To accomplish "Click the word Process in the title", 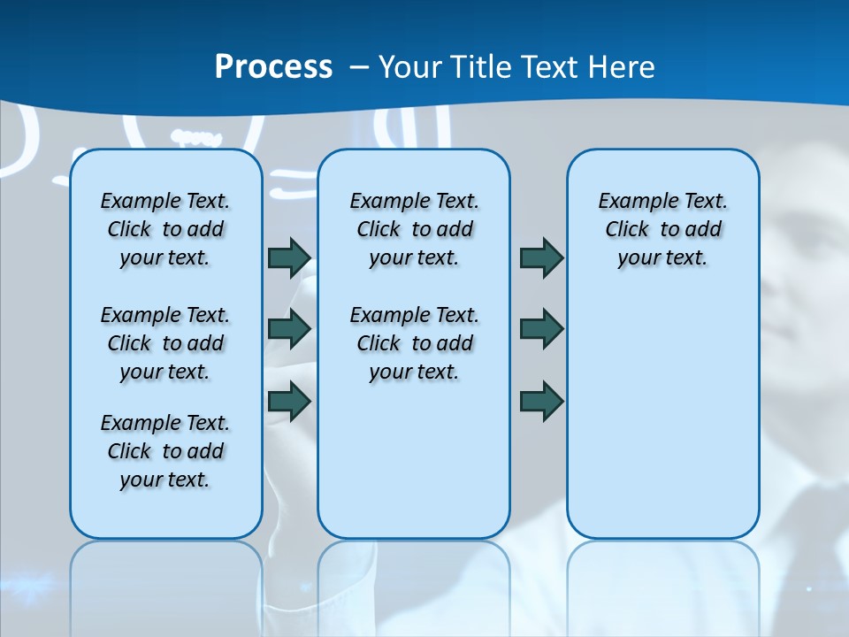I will pyautogui.click(x=273, y=67).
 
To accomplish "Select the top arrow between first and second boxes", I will pyautogui.click(x=289, y=258).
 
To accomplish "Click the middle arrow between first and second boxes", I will pyautogui.click(x=289, y=329).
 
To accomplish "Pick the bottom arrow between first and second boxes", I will pyautogui.click(x=289, y=401).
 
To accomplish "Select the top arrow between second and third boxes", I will pyautogui.click(x=541, y=258).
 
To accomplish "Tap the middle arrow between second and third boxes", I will pyautogui.click(x=541, y=329).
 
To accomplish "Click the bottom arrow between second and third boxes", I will pyautogui.click(x=541, y=401).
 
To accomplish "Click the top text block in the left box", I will pyautogui.click(x=165, y=229).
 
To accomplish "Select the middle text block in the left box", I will pyautogui.click(x=165, y=343).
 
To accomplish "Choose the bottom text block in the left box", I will pyautogui.click(x=165, y=451).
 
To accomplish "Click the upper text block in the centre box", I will pyautogui.click(x=414, y=229).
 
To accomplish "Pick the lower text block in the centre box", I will pyautogui.click(x=414, y=343).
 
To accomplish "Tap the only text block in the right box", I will pyautogui.click(x=662, y=229).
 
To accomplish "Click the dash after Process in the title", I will pyautogui.click(x=360, y=67).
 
